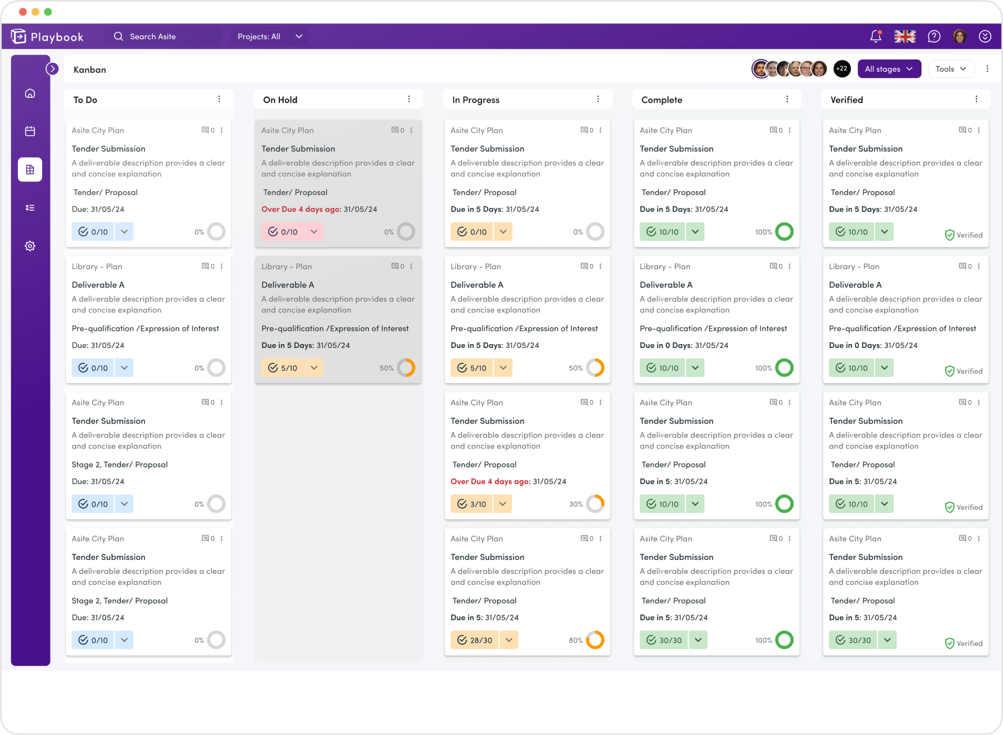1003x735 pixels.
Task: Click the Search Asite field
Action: pos(163,37)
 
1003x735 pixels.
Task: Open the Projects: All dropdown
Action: pos(269,37)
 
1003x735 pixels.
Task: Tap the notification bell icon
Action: pos(875,37)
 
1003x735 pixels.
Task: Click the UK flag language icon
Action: pos(905,37)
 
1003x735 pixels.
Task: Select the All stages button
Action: pos(889,69)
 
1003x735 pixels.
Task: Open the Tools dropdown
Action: pos(951,69)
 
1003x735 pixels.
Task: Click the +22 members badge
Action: pos(842,69)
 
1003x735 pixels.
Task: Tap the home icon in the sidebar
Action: pos(30,93)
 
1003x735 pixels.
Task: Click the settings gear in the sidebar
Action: pos(30,246)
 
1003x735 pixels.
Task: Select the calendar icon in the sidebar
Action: pos(30,131)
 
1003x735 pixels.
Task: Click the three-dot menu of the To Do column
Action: pos(219,99)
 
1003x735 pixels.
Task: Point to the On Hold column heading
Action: pos(280,100)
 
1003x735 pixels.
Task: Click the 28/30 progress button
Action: pos(475,640)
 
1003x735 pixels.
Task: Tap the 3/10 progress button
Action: pos(472,504)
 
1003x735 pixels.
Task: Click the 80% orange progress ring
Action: pos(595,640)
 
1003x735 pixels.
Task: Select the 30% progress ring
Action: pos(595,504)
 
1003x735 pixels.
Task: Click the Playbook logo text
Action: pos(57,37)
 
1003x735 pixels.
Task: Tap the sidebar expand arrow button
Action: pos(52,69)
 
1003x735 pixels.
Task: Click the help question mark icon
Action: pos(934,37)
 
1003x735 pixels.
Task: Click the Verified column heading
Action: pos(846,100)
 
